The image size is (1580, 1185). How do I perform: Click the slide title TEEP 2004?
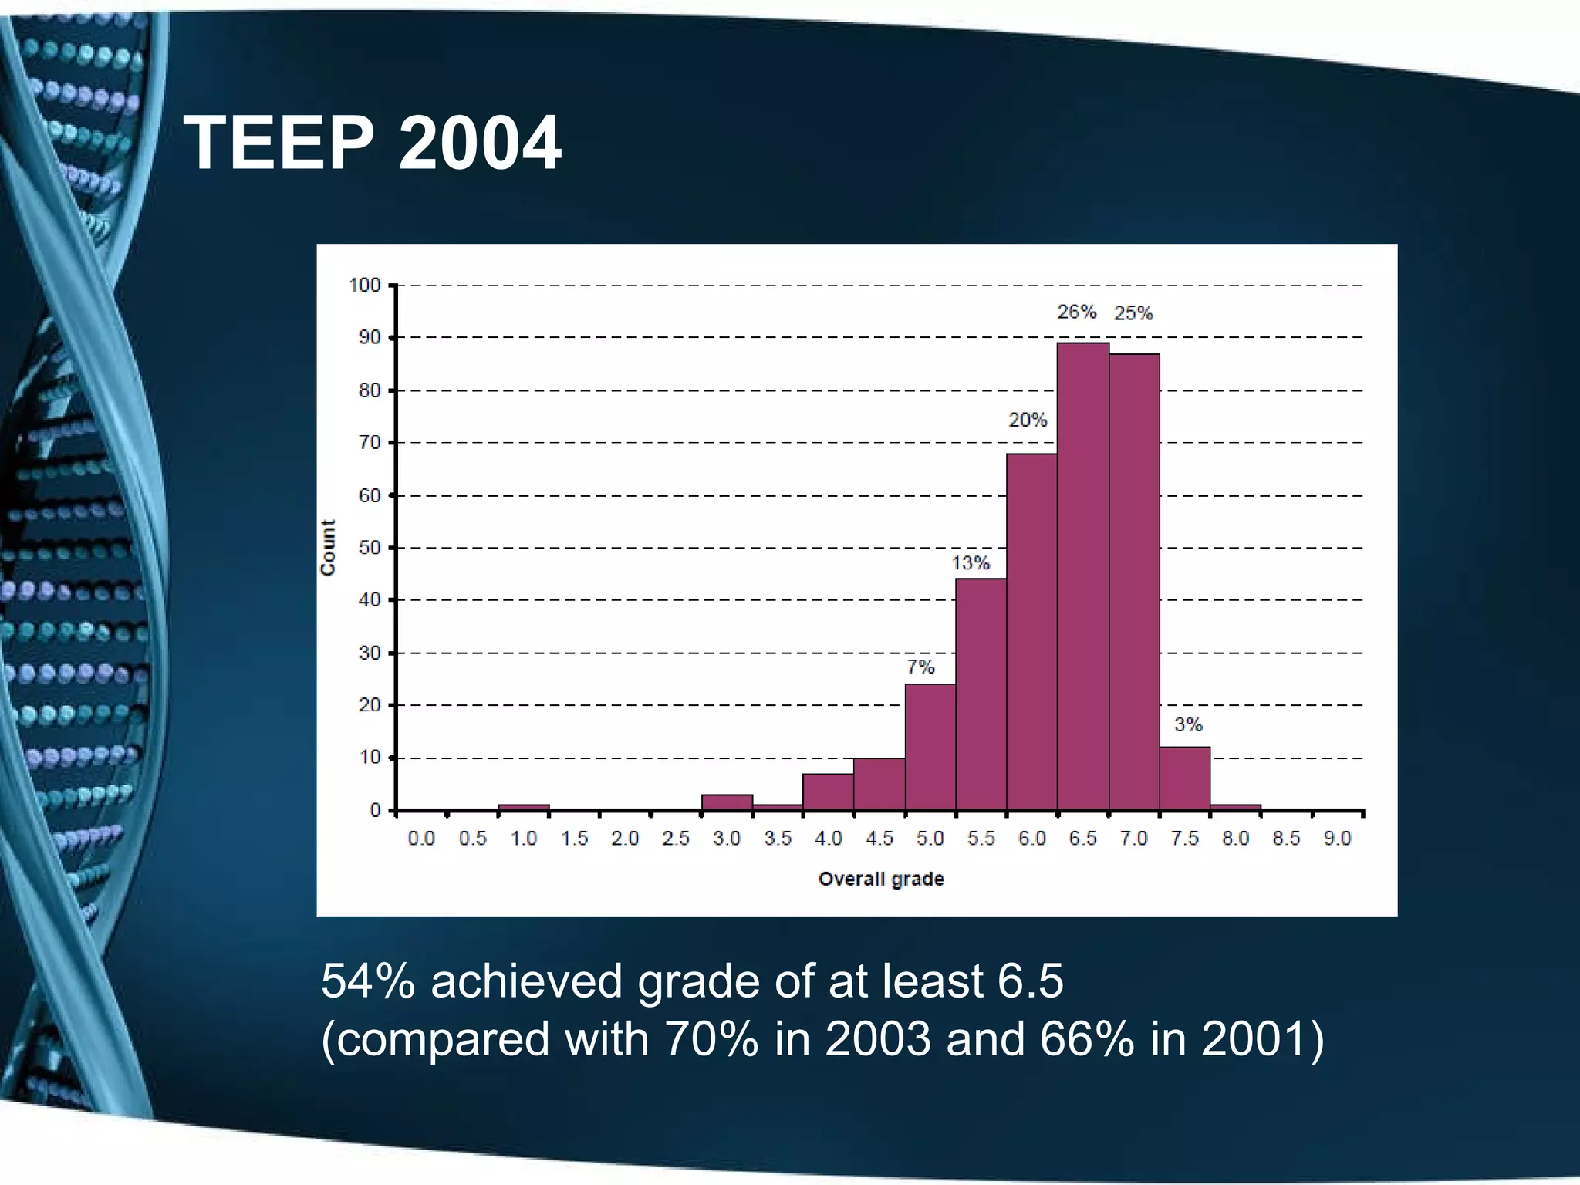[372, 143]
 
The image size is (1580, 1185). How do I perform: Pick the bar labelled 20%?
[1031, 632]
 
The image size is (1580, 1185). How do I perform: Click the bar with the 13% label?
[981, 694]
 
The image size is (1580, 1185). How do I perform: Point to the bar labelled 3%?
[1184, 778]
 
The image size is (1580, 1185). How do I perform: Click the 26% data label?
[1076, 312]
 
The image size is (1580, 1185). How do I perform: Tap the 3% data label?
[1188, 724]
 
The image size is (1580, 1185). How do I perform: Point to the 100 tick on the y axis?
[365, 285]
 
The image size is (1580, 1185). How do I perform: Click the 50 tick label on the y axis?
[370, 548]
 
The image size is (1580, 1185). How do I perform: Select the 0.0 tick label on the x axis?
[421, 839]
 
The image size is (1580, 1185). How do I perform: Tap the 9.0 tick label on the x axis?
[1337, 839]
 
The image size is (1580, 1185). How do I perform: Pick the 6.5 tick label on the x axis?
[1082, 839]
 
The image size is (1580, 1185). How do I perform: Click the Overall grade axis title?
[881, 879]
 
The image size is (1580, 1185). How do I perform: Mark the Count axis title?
[328, 547]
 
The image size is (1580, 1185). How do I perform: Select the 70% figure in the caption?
[711, 1038]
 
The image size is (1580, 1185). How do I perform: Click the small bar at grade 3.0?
[727, 802]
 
